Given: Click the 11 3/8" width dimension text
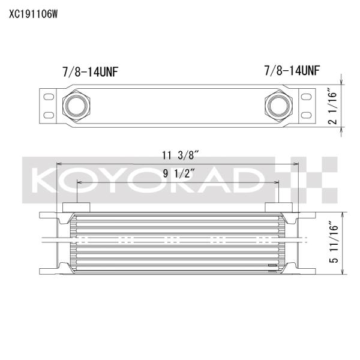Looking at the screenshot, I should (180, 155).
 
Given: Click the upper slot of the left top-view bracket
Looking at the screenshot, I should (47, 96).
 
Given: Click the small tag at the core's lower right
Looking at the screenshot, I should (272, 264).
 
